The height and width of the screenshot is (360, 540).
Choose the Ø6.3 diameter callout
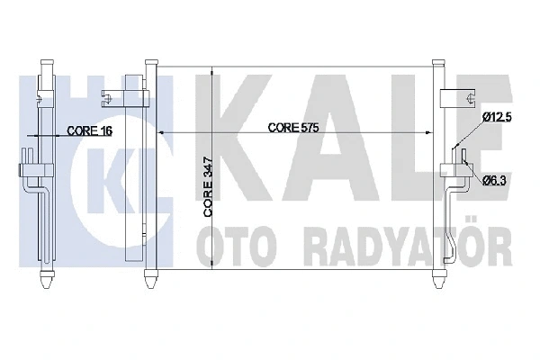pos(496,180)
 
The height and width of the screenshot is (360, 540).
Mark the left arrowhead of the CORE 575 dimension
pos(162,134)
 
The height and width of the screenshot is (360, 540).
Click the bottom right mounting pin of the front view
pos(438,275)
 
